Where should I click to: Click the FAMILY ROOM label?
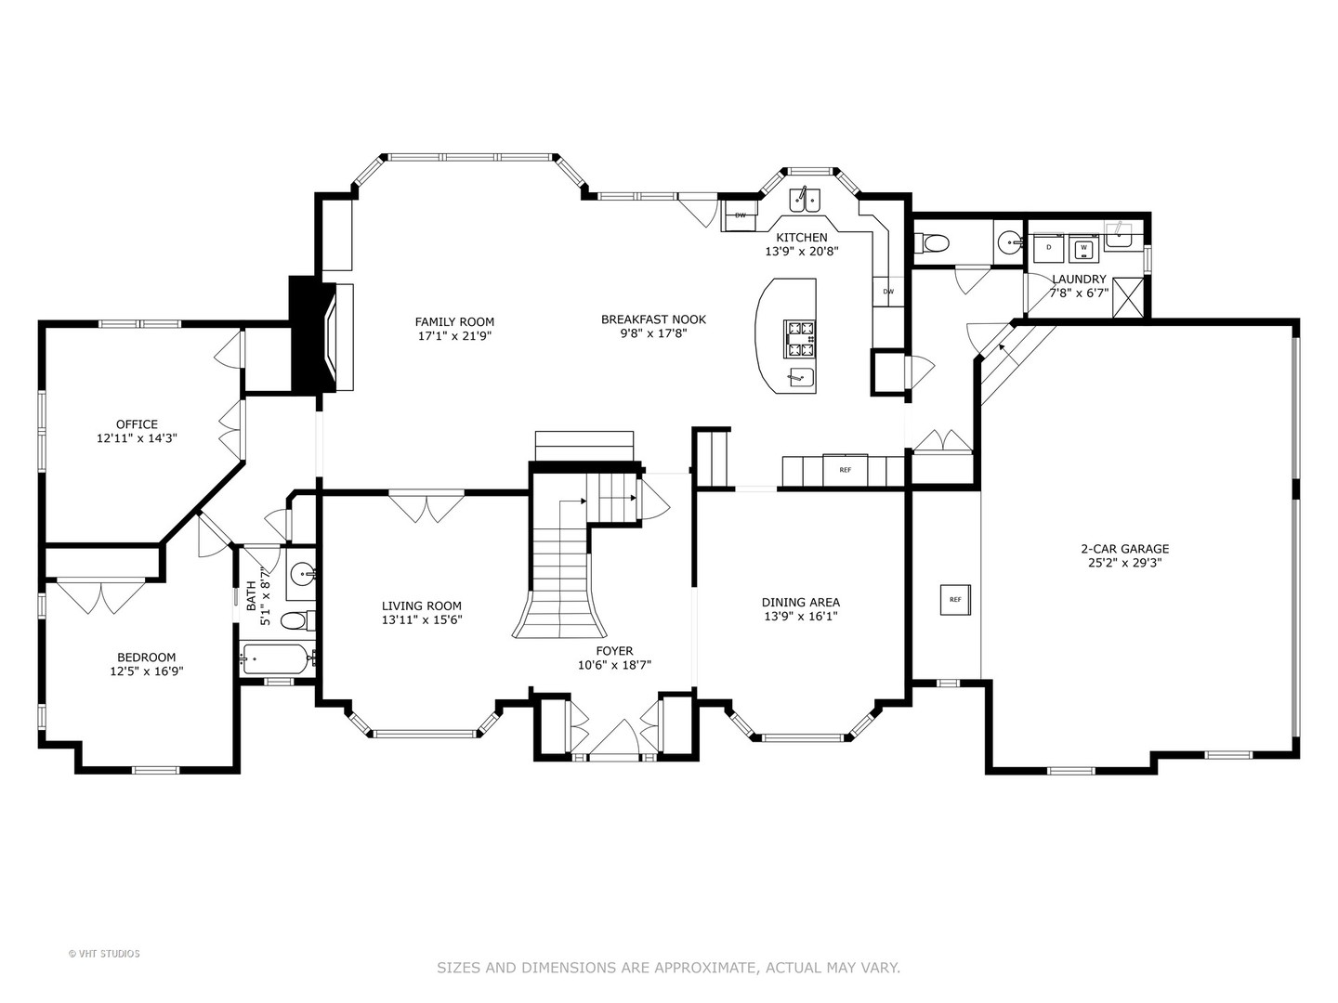click(x=454, y=322)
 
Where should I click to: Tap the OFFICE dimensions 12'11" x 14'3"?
click(x=137, y=437)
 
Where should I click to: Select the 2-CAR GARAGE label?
click(x=1124, y=549)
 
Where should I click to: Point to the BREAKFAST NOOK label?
click(x=653, y=319)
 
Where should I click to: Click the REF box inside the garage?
click(x=955, y=600)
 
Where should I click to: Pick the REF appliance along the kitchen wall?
click(x=845, y=470)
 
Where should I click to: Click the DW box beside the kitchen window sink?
click(x=741, y=215)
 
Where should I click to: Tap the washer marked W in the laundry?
click(x=1083, y=248)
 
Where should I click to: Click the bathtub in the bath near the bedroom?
click(x=276, y=659)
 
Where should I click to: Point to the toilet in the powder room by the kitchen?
click(x=932, y=243)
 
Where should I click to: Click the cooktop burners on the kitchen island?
click(x=799, y=338)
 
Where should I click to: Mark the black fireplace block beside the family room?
click(x=306, y=334)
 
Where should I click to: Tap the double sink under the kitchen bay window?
click(x=805, y=199)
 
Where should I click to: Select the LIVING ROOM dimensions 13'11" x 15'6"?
click(x=422, y=619)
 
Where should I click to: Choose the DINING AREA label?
click(x=800, y=603)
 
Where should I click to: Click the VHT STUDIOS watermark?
click(x=104, y=954)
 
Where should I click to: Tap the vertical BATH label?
click(x=251, y=596)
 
